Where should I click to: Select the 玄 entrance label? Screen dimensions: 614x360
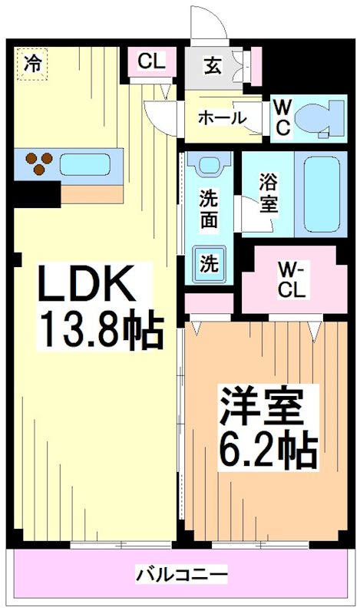[x=213, y=65]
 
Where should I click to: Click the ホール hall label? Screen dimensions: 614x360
[x=222, y=117]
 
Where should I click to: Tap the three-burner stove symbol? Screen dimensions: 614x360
[x=38, y=162]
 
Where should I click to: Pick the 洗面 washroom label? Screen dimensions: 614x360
[x=210, y=207]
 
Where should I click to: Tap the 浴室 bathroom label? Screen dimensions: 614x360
[x=268, y=193]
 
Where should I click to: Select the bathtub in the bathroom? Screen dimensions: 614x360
[x=322, y=193]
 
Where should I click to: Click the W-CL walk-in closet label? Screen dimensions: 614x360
[x=292, y=279]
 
